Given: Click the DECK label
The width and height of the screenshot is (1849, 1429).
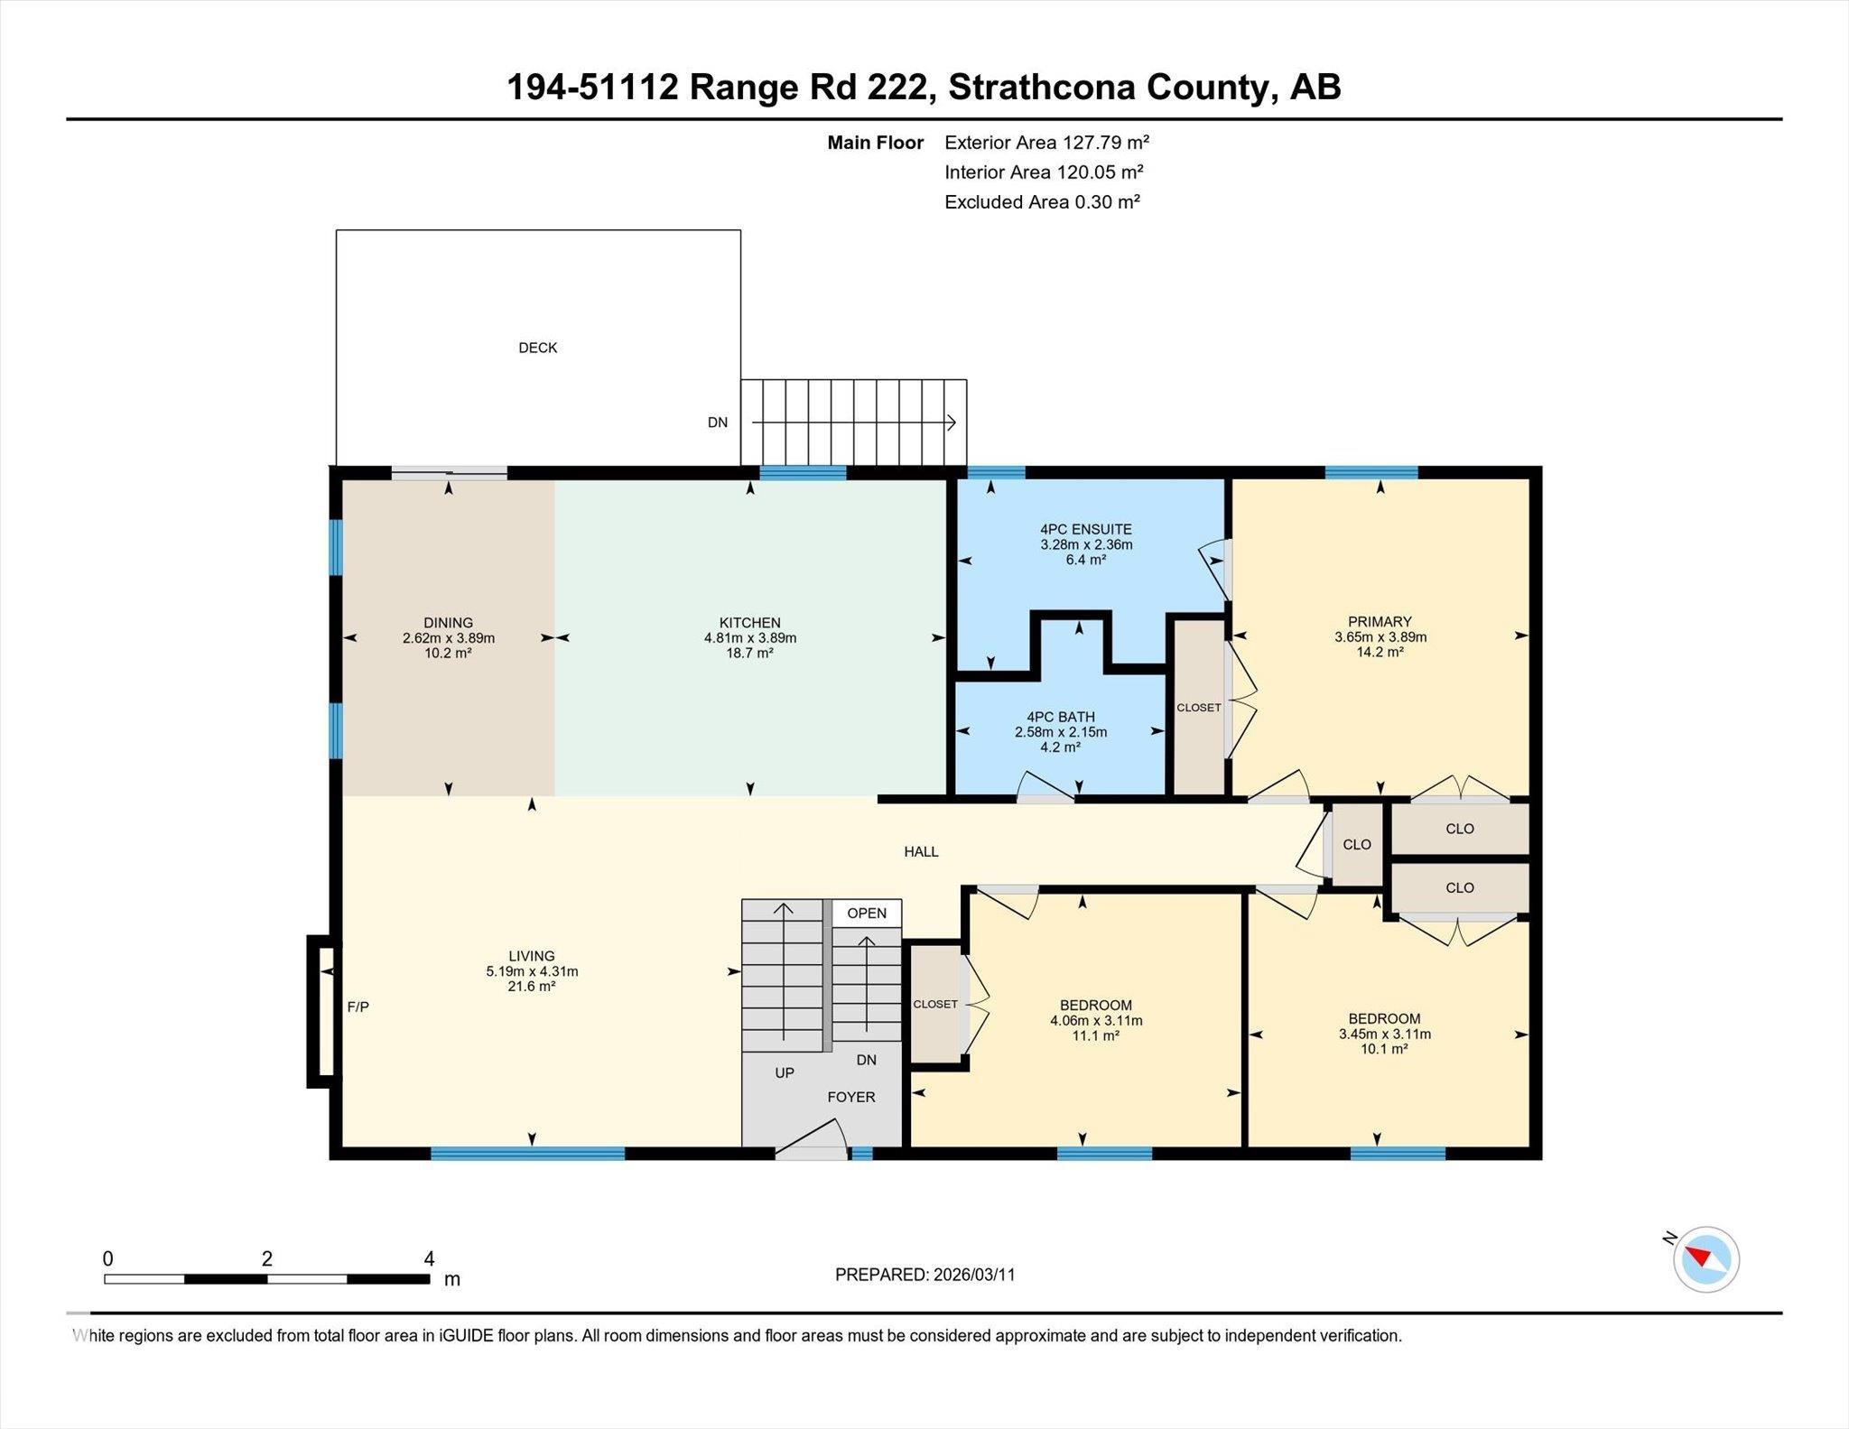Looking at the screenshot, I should (537, 348).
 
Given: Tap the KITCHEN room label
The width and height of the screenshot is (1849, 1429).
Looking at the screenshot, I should (749, 623).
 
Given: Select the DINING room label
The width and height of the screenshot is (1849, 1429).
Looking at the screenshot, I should (448, 623).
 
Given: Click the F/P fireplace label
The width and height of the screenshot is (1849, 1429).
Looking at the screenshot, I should (358, 1007).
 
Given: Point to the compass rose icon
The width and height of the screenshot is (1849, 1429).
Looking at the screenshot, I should (1705, 1259).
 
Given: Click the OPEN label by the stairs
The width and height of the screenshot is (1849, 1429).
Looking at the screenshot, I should (867, 913).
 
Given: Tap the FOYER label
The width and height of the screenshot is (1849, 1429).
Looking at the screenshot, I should (851, 1097).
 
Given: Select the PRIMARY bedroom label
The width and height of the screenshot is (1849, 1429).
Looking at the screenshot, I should (1380, 621).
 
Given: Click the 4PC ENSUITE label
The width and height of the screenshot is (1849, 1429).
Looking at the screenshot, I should (1086, 530).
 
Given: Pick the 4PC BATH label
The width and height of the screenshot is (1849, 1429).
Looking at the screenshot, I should (1061, 717).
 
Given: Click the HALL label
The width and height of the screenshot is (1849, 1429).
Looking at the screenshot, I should (921, 851).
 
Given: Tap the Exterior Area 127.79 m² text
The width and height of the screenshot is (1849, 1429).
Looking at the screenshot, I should (1046, 142).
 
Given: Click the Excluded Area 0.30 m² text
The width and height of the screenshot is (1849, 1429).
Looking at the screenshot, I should (1042, 202).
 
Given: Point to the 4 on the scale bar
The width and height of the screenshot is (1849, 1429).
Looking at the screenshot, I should (430, 1258).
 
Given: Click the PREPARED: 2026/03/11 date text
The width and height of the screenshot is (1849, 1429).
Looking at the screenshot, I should (924, 1275).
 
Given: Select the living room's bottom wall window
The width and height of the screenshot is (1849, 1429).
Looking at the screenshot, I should (527, 1153).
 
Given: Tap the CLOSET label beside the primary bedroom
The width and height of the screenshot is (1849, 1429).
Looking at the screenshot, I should (1199, 708).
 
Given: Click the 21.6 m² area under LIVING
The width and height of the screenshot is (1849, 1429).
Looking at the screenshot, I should (531, 987).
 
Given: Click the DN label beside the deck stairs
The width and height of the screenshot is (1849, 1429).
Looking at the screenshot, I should (718, 422).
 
